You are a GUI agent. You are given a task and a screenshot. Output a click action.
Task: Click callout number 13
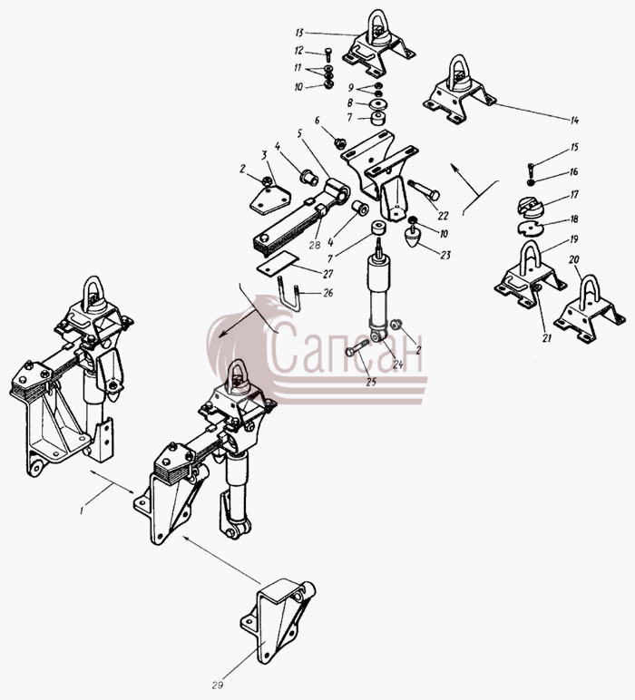coord(299,33)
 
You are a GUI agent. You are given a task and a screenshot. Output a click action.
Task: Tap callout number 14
coord(574,120)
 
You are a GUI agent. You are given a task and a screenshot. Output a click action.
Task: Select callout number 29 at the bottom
coord(217,685)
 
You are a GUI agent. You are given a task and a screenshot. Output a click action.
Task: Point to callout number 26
coord(328,293)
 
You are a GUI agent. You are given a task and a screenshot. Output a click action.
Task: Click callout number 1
coord(82,510)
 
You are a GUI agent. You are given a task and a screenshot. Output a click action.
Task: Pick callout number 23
coord(445,255)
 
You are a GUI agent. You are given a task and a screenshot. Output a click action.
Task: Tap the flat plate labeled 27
coord(278,263)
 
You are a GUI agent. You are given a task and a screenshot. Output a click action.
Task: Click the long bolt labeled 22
coord(424,190)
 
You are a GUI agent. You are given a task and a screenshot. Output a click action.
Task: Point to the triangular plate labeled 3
coord(269,201)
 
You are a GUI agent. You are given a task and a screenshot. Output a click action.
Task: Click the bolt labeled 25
coord(357,348)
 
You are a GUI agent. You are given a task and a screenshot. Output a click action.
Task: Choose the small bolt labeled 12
coord(327,54)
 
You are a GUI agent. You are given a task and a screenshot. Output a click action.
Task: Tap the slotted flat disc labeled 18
coord(530,228)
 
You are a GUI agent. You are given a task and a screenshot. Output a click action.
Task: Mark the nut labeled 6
coord(340,143)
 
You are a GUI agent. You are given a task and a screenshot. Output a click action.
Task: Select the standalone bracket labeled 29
coord(278,621)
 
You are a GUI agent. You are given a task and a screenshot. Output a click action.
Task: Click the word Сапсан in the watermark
coord(347,348)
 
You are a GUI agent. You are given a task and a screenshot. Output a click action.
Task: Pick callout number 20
coord(574,260)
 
